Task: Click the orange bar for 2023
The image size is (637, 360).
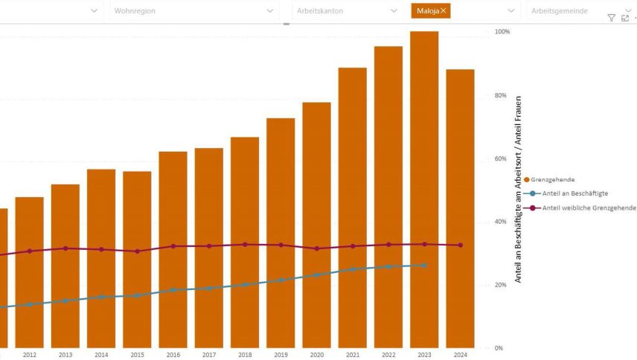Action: [x=424, y=186]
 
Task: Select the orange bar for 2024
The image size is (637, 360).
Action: [x=460, y=208]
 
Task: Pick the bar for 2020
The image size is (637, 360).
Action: [x=316, y=223]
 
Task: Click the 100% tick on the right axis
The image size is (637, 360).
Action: [x=502, y=32]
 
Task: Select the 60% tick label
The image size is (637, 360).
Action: [x=500, y=158]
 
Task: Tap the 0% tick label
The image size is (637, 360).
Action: [x=499, y=347]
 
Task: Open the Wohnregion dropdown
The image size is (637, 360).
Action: [x=193, y=10]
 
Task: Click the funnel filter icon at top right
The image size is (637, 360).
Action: [x=611, y=18]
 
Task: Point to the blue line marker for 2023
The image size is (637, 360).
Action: [x=424, y=266]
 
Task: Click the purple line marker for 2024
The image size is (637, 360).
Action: [x=460, y=245]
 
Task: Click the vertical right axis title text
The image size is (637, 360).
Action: [x=519, y=190]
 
